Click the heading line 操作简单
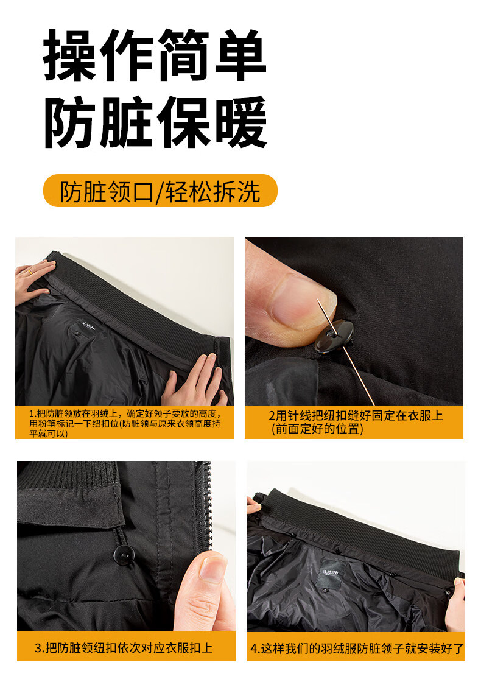coord(155,55)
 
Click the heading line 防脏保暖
coord(155,122)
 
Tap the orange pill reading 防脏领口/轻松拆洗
coord(160,191)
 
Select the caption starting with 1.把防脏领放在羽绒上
coord(125,423)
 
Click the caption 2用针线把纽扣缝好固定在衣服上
coord(356,422)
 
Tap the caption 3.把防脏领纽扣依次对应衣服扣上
coord(124,648)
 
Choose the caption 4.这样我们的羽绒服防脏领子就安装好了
coord(357,648)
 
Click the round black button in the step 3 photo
coord(125,555)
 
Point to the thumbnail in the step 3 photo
coord(212,569)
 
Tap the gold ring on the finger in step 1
coord(30,270)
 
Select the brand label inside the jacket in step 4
coord(329,572)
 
